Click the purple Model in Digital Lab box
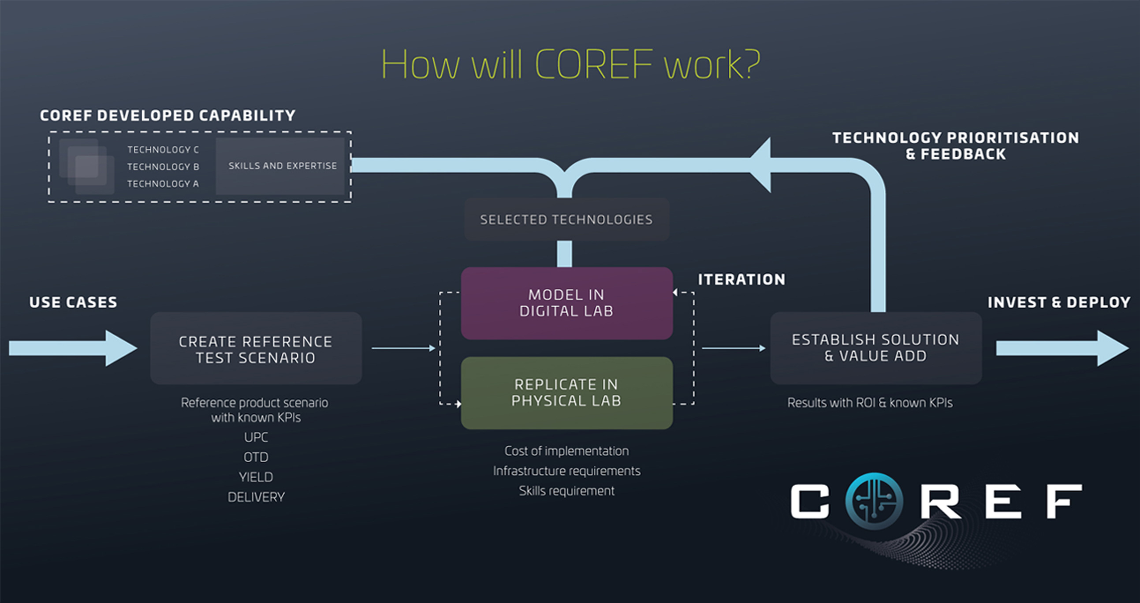pos(567,303)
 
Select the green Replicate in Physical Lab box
pos(567,393)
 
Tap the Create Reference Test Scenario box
pos(256,349)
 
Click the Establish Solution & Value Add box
pos(876,348)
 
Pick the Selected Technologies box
pos(566,220)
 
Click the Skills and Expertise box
pos(280,166)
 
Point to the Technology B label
pos(163,167)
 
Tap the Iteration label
pos(742,279)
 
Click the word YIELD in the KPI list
pos(256,477)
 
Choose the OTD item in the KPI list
pos(256,457)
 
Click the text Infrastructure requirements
pos(566,471)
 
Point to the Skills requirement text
pos(566,491)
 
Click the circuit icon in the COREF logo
pos(874,501)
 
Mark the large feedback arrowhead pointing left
pos(760,165)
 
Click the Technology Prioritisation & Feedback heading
pos(955,146)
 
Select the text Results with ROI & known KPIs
pos(870,402)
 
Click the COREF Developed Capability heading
pos(168,115)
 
